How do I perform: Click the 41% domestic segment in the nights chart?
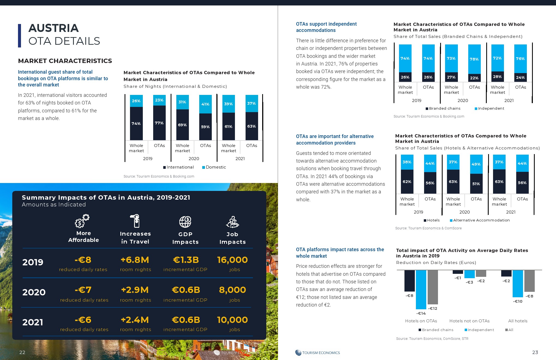coord(205,104)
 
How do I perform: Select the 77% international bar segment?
coord(159,123)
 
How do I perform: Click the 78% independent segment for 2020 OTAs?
coord(474,59)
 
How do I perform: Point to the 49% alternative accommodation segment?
coord(476,164)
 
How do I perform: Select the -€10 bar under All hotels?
coord(518,284)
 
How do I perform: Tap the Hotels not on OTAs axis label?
coord(469,321)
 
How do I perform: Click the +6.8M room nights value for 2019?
coord(135,260)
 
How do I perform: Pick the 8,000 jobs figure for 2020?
coord(232,290)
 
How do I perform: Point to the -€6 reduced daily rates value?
coord(83,320)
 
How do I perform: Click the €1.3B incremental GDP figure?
coord(186,260)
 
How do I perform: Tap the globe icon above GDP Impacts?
coord(185,222)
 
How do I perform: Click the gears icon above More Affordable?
coord(82,221)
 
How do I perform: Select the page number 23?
coord(535,352)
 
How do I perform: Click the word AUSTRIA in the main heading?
coord(53,28)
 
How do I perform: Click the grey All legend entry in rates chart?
coord(509,330)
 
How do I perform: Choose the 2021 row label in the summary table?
coord(33,322)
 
